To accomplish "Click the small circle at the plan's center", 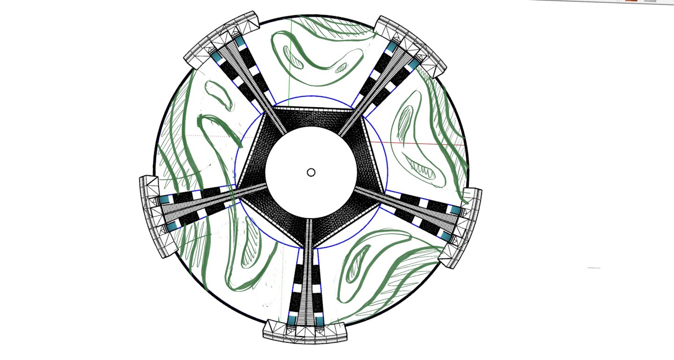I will coord(311,172).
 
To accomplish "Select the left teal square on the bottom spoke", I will coord(293,320).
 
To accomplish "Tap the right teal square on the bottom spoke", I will coord(319,321).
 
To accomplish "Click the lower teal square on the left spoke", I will coord(170,227).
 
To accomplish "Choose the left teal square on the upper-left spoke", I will coord(217,57).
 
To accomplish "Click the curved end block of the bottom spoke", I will coord(306,333).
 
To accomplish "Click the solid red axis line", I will coord(421,143).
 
